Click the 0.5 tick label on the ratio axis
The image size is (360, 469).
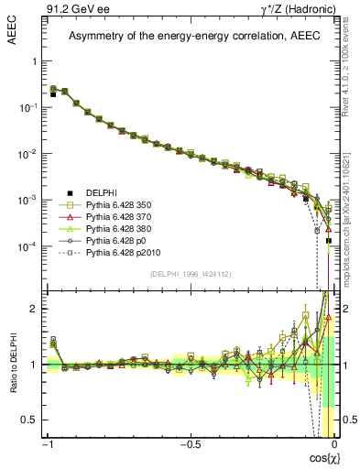tap(32, 420)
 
